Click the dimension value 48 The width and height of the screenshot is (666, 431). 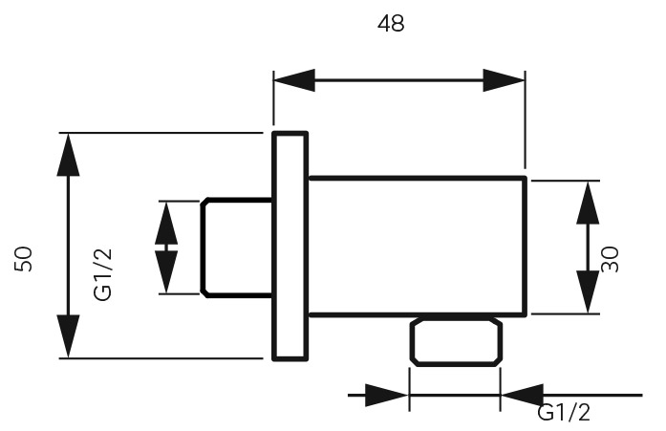[391, 23]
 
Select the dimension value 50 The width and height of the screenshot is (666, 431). [23, 259]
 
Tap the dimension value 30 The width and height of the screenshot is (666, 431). [611, 259]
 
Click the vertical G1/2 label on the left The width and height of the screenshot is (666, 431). [103, 274]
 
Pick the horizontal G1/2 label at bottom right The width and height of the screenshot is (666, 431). [564, 412]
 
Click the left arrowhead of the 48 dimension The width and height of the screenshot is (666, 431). [294, 80]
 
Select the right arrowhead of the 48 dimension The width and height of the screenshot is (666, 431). [505, 80]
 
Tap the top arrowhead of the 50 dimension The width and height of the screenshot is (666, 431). [69, 155]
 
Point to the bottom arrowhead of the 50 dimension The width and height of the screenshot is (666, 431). [69, 336]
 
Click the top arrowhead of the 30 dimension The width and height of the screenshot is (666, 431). [588, 203]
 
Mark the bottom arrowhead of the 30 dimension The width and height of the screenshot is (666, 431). [588, 292]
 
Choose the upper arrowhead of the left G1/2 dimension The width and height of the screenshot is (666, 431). [166, 223]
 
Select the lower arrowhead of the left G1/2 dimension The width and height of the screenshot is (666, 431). [166, 271]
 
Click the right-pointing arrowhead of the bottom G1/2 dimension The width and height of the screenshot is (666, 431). [387, 396]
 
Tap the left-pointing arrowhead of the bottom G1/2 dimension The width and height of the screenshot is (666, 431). [523, 396]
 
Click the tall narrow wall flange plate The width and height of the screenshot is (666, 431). [290, 247]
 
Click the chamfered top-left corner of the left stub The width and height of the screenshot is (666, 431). [204, 202]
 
